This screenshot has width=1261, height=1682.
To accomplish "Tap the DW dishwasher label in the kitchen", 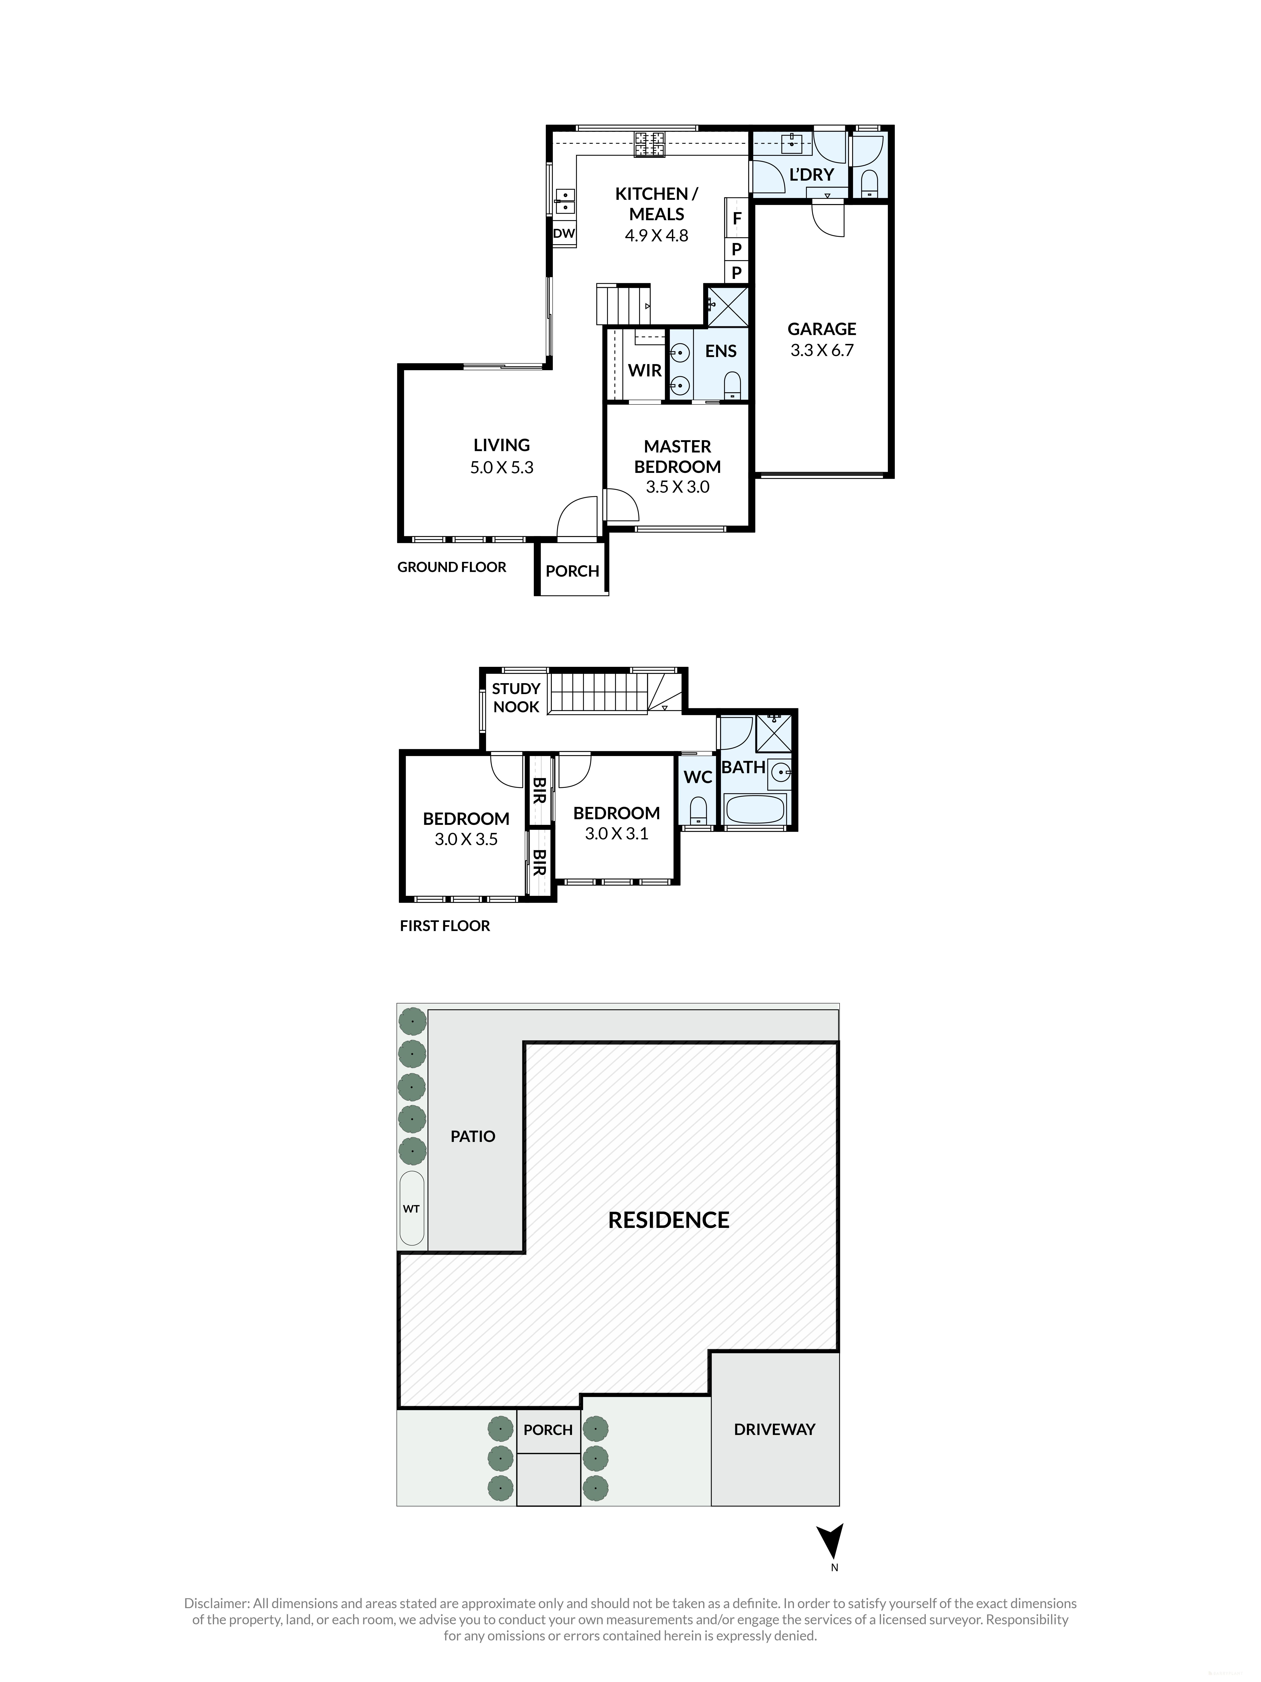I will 563,234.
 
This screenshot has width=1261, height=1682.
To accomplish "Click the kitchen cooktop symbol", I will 650,145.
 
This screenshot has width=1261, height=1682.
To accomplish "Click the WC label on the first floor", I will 697,777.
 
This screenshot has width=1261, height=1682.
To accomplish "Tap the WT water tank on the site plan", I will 411,1208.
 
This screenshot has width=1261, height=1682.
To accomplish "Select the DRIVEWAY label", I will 774,1430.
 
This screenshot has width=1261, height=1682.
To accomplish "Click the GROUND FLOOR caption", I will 452,567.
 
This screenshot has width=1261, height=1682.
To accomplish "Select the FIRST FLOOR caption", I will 445,925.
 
